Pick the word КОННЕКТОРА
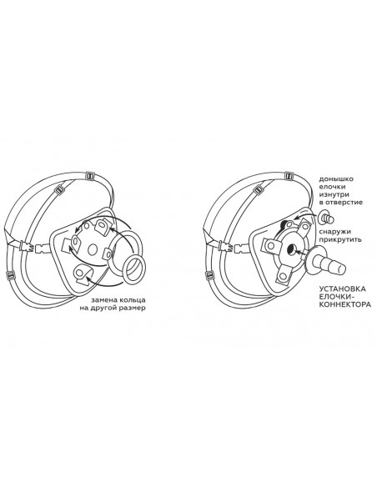coord(345,304)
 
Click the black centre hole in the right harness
coord(292,248)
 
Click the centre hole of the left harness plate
coord(93,249)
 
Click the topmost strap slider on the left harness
coord(90,176)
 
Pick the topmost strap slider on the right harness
coord(289,175)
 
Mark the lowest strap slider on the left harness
coord(11,275)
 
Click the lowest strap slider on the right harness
coord(210,275)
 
